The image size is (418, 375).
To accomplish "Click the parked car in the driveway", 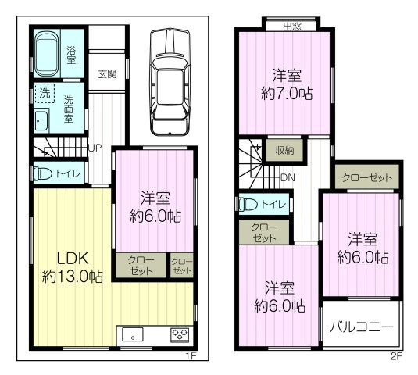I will point(169,82).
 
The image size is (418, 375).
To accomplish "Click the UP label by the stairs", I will point(95,148).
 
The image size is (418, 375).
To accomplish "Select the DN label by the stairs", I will point(287,177).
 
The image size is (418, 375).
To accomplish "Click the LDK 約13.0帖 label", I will point(71,266).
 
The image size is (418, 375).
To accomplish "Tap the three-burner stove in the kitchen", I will point(179,335).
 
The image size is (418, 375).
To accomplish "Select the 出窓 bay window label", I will point(292,27).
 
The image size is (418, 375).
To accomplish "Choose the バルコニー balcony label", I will point(360,327).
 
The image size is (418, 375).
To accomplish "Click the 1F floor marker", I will point(190,356).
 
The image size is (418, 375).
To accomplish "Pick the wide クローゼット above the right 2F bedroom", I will point(366,178).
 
